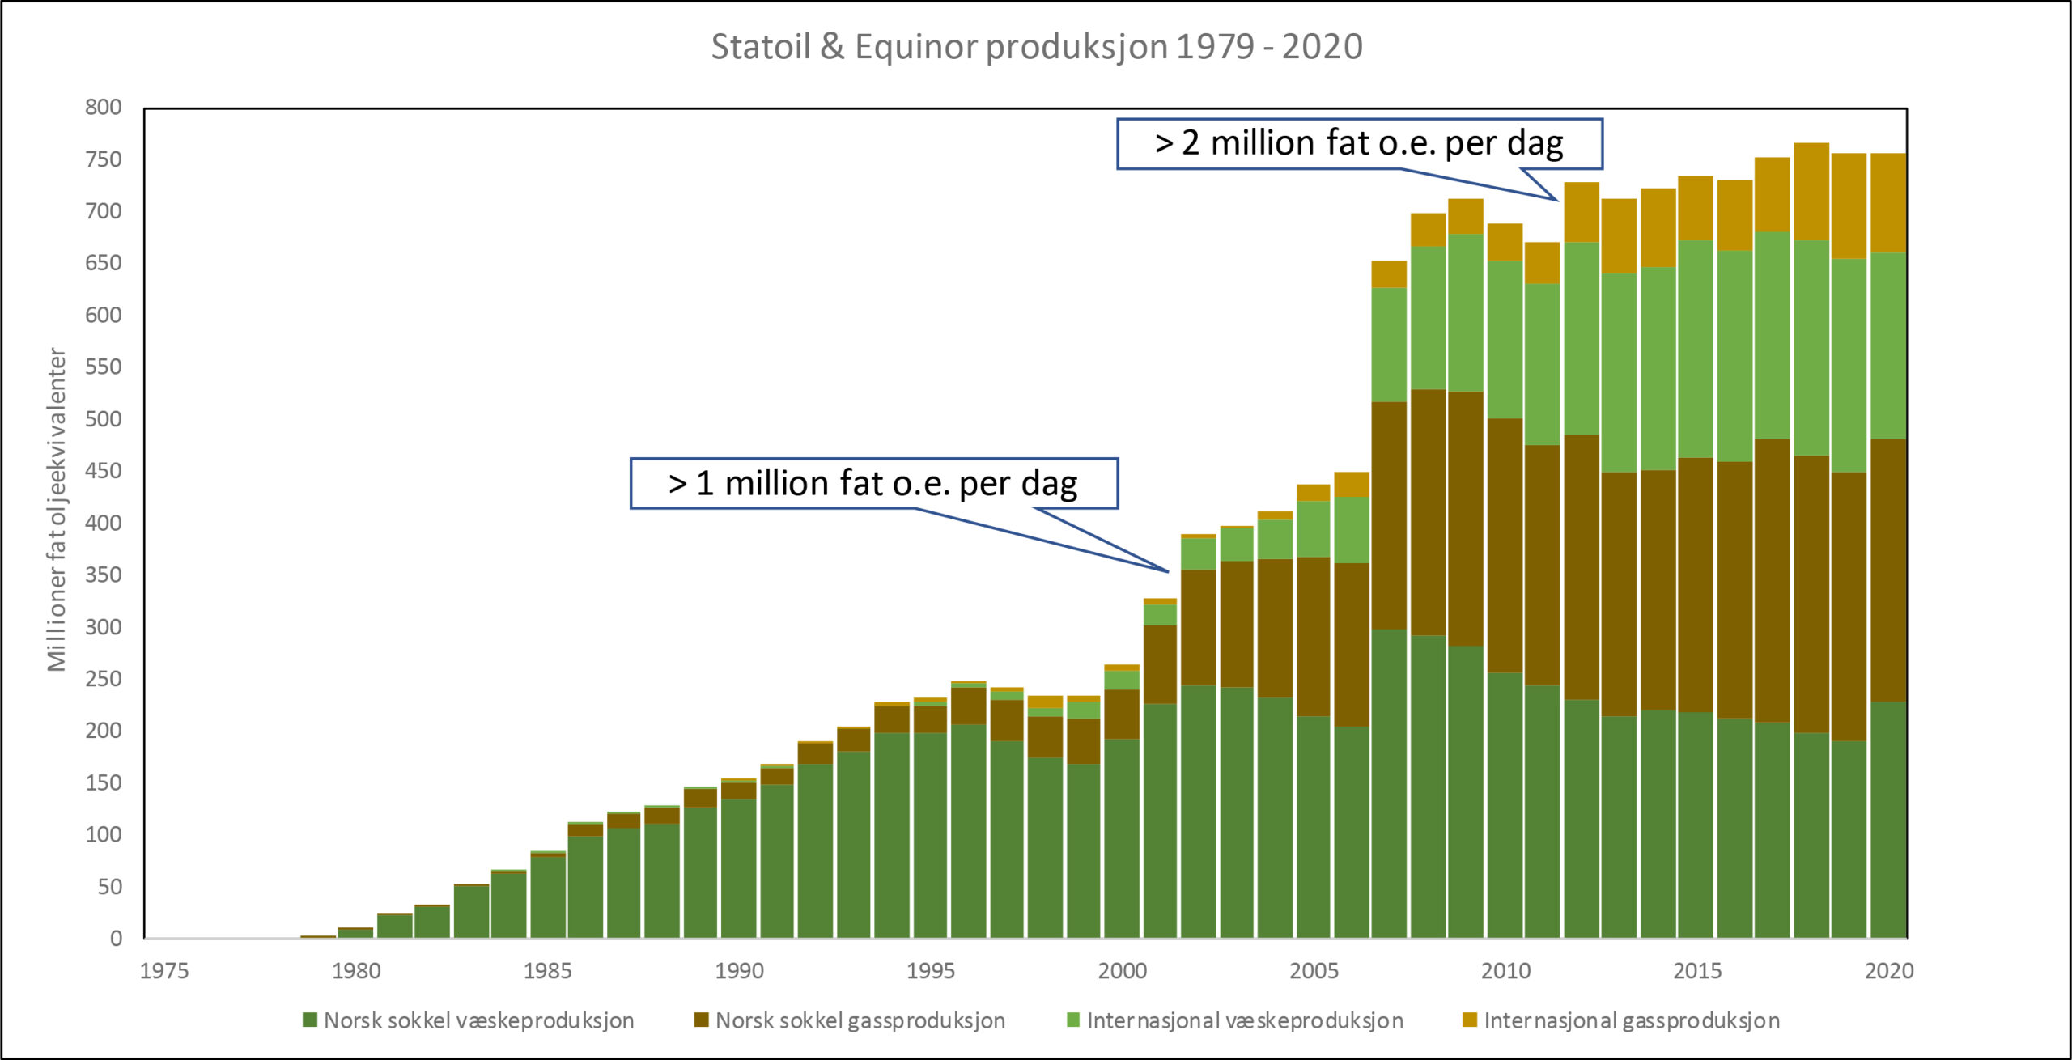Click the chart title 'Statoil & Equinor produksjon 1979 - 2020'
pyautogui.click(x=1037, y=46)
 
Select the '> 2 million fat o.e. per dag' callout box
pyautogui.click(x=1359, y=143)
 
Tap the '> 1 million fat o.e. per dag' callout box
pyautogui.click(x=873, y=483)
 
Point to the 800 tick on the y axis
pyautogui.click(x=104, y=107)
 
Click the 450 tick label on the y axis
pyautogui.click(x=104, y=470)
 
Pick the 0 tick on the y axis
pyautogui.click(x=116, y=938)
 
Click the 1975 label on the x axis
pyautogui.click(x=164, y=970)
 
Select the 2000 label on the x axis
pyautogui.click(x=1122, y=970)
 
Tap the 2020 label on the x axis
pyautogui.click(x=1889, y=970)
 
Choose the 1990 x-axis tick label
pyautogui.click(x=739, y=970)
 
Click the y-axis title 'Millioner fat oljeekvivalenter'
pyautogui.click(x=57, y=510)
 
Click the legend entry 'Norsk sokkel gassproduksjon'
pyautogui.click(x=860, y=1020)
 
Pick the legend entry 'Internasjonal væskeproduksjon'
pyautogui.click(x=1244, y=1020)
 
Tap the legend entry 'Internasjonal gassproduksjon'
pyautogui.click(x=1631, y=1020)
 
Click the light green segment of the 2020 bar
pyautogui.click(x=1888, y=346)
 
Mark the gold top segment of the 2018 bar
pyautogui.click(x=1811, y=191)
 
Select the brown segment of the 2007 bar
pyautogui.click(x=1388, y=515)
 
